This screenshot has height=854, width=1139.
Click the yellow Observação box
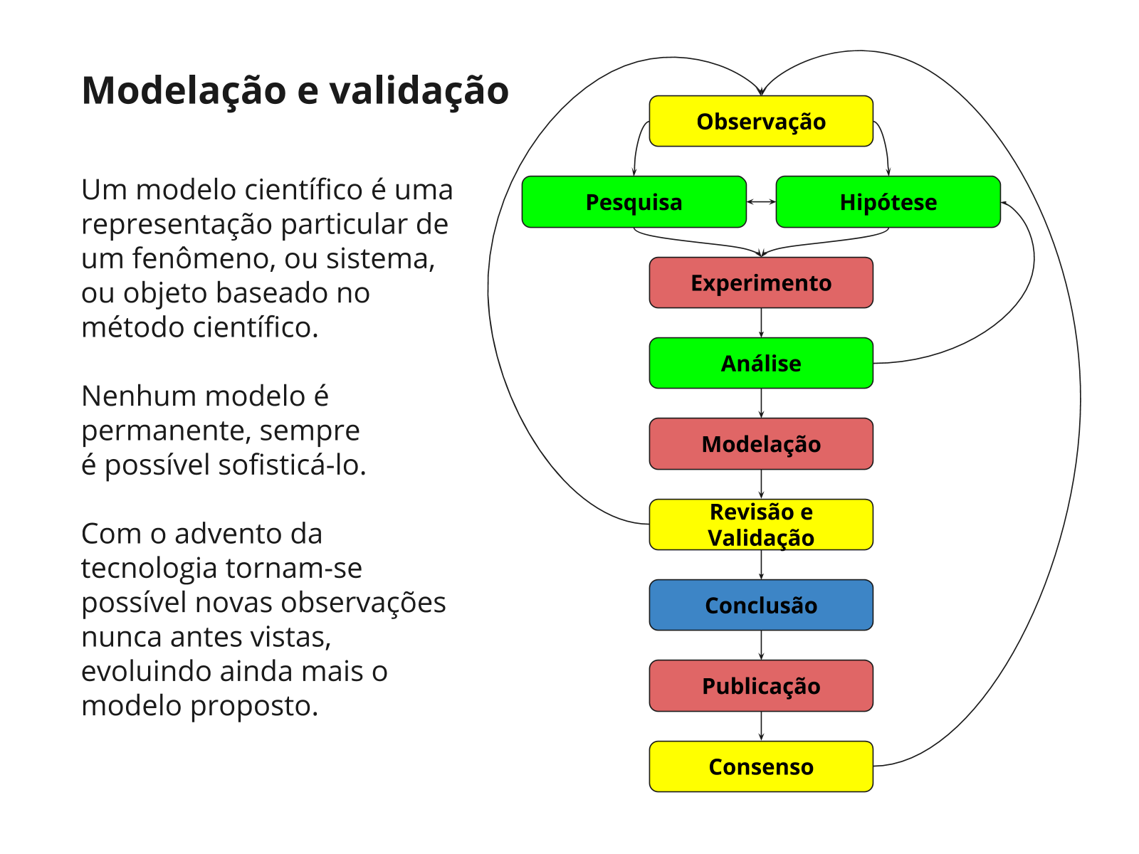point(760,121)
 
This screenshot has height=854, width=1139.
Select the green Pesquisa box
point(634,202)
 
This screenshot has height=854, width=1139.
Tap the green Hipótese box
point(888,202)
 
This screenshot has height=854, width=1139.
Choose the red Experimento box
point(760,283)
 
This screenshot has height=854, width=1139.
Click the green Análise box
point(760,363)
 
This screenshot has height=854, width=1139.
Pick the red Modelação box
point(760,444)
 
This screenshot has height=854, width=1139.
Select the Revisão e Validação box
point(760,524)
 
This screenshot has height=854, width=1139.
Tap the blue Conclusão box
point(760,605)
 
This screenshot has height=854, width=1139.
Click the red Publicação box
point(760,686)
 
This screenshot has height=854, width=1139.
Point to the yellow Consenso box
point(760,766)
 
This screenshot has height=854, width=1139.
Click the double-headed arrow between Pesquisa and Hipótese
point(761,202)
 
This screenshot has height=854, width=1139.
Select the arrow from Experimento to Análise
point(761,322)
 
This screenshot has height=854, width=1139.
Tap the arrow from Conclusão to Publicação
point(761,645)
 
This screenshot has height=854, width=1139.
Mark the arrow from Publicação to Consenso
point(761,726)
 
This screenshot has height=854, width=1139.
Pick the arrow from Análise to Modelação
point(761,404)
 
